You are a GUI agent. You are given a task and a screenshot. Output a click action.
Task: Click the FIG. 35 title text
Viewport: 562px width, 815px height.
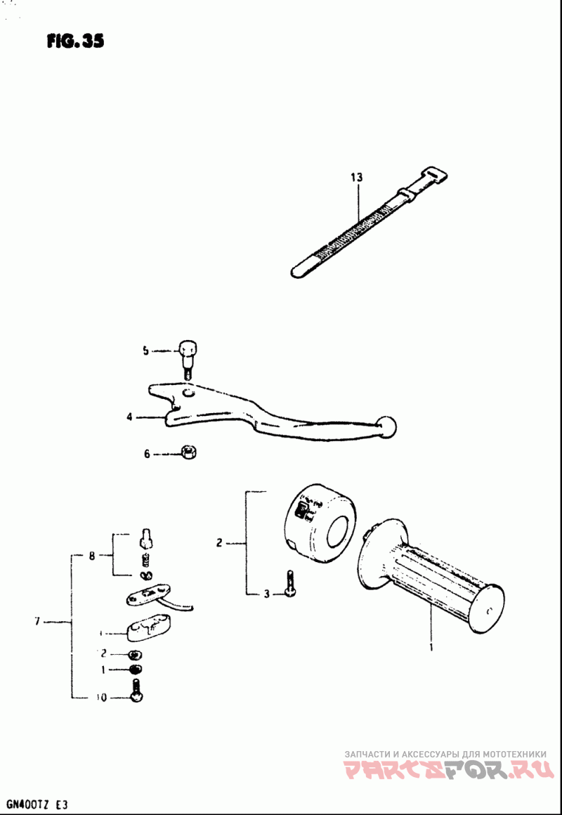click(x=76, y=41)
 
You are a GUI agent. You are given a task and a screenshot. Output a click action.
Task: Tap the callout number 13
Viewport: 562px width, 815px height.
click(x=358, y=178)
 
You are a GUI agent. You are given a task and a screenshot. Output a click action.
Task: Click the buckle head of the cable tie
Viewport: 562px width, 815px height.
click(x=436, y=176)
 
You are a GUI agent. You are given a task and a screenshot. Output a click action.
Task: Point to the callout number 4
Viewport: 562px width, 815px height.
click(x=129, y=417)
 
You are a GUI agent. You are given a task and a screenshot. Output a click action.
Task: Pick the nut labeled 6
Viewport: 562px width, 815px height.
click(x=188, y=452)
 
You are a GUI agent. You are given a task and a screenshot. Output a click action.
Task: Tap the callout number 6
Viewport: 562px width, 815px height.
click(x=148, y=455)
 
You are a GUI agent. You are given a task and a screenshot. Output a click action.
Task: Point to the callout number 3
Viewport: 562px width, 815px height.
click(x=266, y=595)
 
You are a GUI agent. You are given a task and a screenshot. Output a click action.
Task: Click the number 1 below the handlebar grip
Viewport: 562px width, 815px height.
click(x=431, y=646)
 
